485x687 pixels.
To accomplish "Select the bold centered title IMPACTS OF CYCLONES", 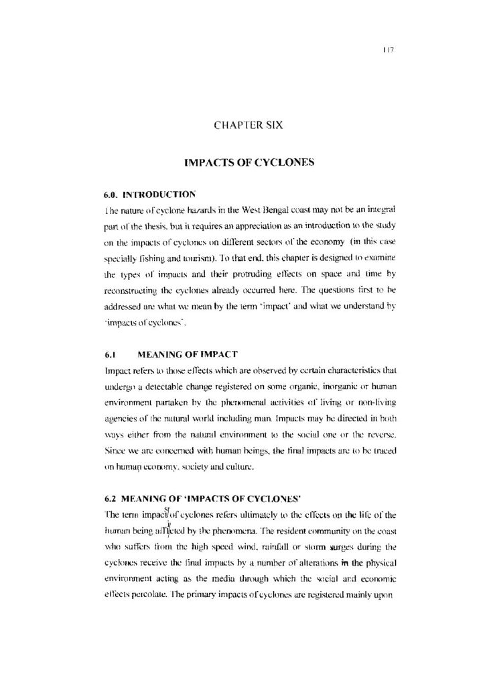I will (x=242, y=162).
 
